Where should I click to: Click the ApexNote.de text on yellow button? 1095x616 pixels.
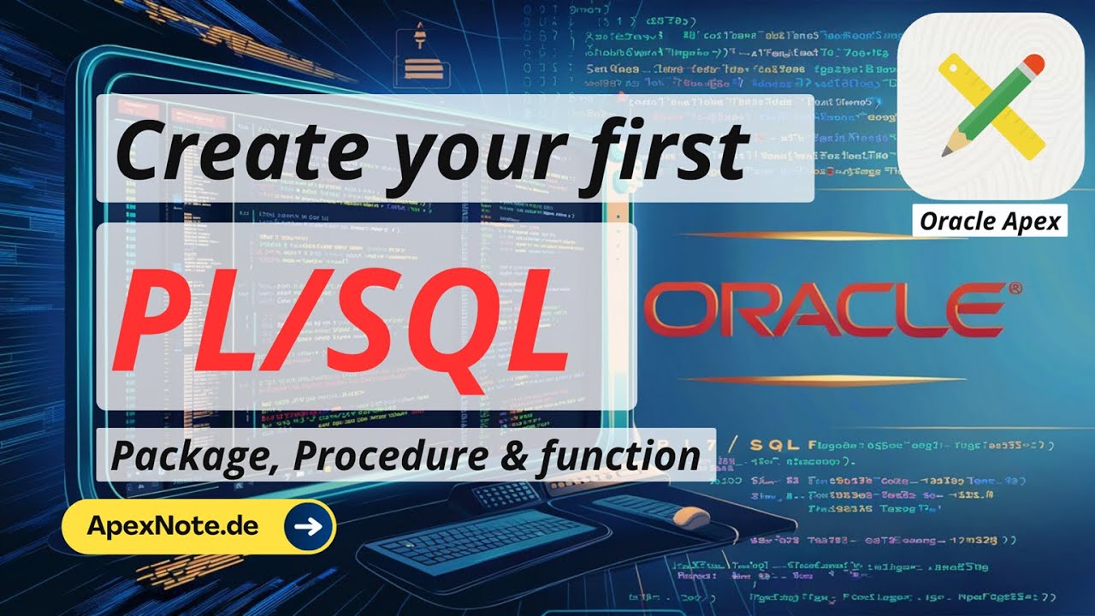(173, 525)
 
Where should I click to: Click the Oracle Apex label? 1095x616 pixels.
(990, 222)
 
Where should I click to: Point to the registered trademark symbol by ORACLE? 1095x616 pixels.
(1015, 290)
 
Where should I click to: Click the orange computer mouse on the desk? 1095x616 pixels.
(690, 517)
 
